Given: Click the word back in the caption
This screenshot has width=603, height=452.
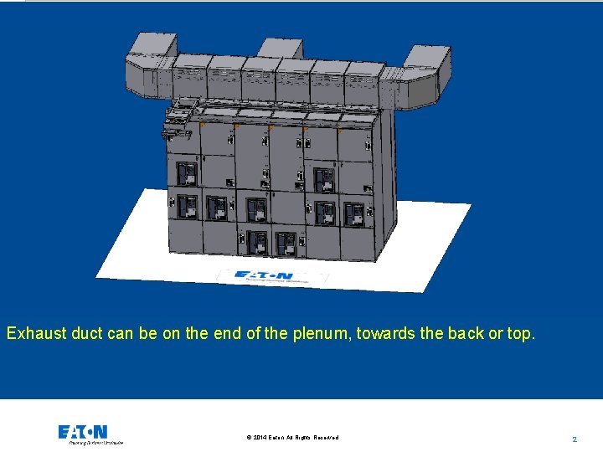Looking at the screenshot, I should [466, 333].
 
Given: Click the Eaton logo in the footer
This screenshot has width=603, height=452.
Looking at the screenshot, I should [82, 431].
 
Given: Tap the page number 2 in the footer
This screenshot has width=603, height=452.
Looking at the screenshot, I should [575, 439].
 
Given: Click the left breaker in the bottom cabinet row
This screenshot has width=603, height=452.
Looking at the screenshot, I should [258, 243].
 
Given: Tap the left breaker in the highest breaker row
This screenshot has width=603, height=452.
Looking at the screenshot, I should [188, 174].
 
